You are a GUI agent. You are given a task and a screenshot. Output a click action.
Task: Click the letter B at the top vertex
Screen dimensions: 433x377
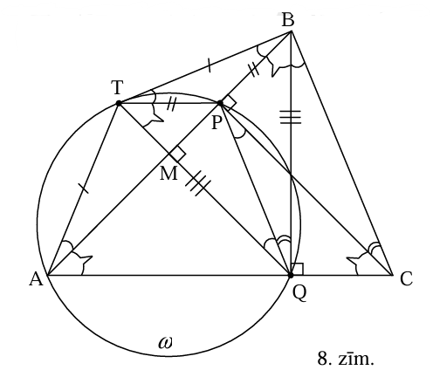click(288, 20)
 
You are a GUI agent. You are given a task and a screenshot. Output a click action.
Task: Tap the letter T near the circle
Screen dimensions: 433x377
click(117, 87)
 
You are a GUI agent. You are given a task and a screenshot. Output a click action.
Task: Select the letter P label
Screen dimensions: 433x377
click(216, 122)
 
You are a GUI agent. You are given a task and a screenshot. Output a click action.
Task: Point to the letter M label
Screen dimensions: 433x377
click(168, 174)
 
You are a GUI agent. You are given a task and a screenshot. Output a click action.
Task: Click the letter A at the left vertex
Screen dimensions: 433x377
click(36, 280)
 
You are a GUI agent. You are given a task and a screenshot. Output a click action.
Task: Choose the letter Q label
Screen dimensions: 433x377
click(299, 293)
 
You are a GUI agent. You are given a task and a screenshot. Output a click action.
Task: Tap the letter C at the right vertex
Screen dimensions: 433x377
click(406, 279)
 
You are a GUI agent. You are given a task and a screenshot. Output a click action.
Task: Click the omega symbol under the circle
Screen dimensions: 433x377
click(165, 343)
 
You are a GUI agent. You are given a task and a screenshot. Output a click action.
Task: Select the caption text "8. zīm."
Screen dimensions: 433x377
click(346, 359)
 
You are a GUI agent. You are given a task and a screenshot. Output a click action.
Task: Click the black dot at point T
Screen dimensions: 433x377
click(119, 103)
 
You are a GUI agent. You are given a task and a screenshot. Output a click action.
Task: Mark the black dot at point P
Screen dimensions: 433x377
click(220, 103)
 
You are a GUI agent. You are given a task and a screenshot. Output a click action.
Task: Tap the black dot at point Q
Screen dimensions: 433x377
click(291, 275)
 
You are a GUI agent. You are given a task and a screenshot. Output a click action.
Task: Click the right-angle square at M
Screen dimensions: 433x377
click(177, 154)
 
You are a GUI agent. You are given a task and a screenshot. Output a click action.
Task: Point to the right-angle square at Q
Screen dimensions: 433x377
click(297, 269)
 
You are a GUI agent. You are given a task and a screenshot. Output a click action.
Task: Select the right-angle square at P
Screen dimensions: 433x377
click(229, 103)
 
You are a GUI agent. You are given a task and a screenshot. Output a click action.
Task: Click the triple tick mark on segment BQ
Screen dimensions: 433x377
click(291, 117)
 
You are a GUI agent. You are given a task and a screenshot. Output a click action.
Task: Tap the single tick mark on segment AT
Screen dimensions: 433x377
click(84, 188)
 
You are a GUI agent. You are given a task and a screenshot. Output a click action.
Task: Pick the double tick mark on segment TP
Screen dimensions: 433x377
click(171, 103)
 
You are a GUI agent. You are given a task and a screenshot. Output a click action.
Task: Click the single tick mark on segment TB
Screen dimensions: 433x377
click(209, 65)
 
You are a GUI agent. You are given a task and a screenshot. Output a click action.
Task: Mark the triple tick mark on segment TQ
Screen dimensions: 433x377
click(198, 185)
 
